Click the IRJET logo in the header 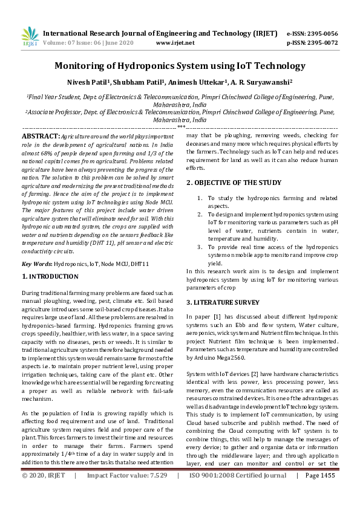[30, 37]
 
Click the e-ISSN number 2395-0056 [320, 33]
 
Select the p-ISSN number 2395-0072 [320, 43]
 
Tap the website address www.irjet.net [175, 43]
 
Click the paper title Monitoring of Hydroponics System [180, 66]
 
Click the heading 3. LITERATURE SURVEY [222, 301]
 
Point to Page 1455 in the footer [319, 493]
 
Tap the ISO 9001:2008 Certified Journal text [238, 493]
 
